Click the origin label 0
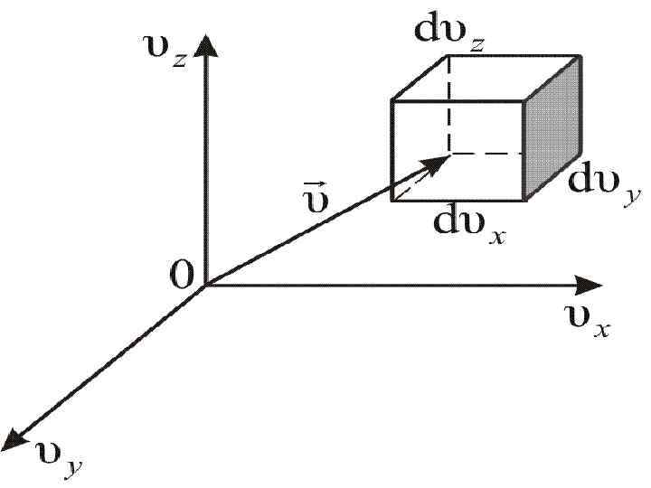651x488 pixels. tap(183, 277)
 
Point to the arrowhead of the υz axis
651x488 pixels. tap(207, 43)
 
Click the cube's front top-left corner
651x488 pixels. tap(392, 100)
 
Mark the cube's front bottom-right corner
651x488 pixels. tap(524, 200)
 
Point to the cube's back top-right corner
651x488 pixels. tap(580, 56)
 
